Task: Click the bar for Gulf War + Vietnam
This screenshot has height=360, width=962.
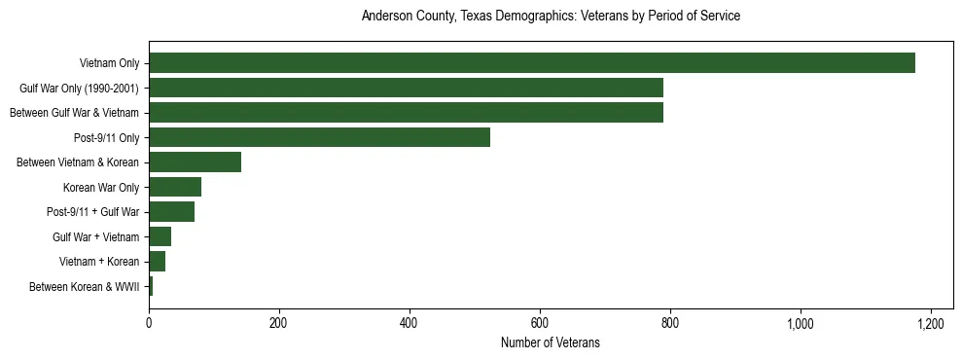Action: coord(160,236)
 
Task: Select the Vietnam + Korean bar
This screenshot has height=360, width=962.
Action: coord(157,261)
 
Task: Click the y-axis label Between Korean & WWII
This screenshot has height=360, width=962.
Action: coord(84,286)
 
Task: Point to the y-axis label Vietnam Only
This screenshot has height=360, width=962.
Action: coord(109,63)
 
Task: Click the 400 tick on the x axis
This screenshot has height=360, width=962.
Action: coord(410,323)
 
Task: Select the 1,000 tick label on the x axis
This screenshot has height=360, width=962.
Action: coord(801,323)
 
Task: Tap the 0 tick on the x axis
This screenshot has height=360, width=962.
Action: coord(149,323)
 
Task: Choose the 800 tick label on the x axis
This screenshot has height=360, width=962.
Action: coord(670,323)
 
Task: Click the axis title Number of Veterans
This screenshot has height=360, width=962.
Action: coord(550,342)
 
